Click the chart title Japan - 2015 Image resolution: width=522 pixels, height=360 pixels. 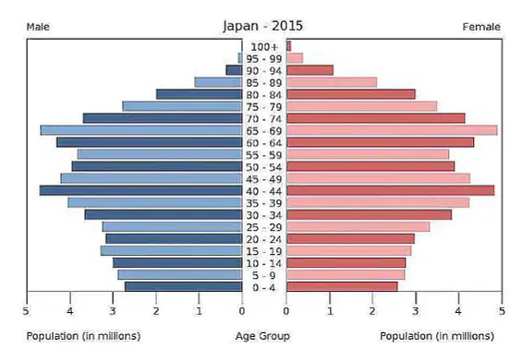[263, 26]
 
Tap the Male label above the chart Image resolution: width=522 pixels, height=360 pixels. [38, 27]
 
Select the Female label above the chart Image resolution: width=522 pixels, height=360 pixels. [481, 27]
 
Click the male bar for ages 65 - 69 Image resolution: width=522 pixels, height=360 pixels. [141, 130]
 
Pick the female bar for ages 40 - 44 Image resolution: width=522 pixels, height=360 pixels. [391, 191]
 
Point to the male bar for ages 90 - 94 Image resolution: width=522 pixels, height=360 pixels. [234, 70]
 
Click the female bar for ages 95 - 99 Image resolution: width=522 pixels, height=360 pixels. [295, 58]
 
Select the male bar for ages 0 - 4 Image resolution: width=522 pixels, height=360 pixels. [184, 287]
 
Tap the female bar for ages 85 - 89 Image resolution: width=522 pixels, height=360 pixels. [332, 82]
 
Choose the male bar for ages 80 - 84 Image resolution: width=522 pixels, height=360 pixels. [199, 94]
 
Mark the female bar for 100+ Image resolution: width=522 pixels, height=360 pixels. [289, 46]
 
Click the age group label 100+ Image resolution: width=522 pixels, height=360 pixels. [264, 47]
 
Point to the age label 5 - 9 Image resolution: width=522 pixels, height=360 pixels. [264, 275]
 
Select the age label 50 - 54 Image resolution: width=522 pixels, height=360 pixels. [264, 167]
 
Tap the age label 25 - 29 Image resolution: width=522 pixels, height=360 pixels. [264, 227]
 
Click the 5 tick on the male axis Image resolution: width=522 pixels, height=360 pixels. [26, 311]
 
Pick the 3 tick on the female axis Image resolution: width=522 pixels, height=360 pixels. [416, 311]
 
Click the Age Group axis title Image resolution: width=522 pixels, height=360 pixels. [262, 336]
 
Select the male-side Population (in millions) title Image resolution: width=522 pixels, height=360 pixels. [83, 336]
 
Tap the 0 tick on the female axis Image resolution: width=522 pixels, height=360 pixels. [286, 311]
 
